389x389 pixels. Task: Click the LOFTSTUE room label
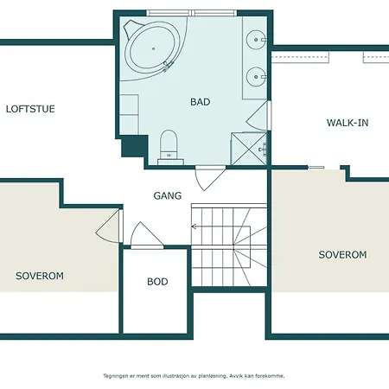(x=30, y=109)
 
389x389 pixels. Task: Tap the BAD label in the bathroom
(x=201, y=102)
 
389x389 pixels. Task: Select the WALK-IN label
(x=348, y=123)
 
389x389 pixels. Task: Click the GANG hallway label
(x=168, y=196)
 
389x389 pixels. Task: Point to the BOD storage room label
(x=157, y=282)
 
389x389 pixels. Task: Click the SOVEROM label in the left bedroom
(x=40, y=276)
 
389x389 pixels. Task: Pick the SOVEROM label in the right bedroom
(x=342, y=255)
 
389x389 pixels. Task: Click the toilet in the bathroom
(x=169, y=148)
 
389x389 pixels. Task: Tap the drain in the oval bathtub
(x=153, y=48)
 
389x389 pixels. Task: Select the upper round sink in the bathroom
(x=256, y=40)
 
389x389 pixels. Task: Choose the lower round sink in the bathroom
(x=256, y=77)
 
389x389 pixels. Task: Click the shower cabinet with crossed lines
(x=249, y=149)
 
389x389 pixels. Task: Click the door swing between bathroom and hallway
(x=210, y=178)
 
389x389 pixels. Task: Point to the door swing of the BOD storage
(x=146, y=235)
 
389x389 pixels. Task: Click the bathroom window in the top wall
(x=192, y=13)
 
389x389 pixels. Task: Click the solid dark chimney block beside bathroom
(x=133, y=146)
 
